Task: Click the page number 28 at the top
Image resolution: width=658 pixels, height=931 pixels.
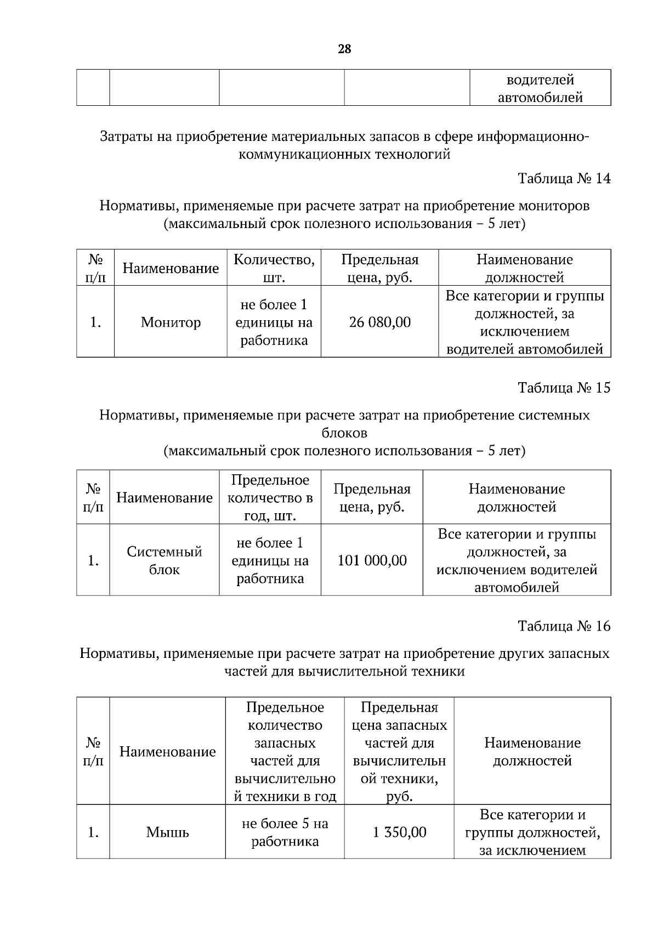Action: pos(344,49)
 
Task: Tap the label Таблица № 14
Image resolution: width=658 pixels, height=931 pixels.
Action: pos(564,179)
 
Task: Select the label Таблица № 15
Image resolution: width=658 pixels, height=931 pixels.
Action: pos(564,388)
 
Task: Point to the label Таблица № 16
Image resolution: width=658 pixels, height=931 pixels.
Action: pos(564,626)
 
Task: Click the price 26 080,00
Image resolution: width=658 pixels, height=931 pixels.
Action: pos(379,322)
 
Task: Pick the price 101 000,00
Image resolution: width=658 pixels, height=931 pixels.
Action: pos(372,560)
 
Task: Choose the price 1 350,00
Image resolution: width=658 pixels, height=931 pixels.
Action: pos(399,832)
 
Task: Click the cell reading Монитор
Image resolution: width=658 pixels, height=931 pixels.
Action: pos(171,322)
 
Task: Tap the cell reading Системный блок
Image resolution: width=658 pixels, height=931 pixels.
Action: pos(164,560)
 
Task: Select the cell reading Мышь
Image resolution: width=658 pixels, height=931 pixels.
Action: pos(167,832)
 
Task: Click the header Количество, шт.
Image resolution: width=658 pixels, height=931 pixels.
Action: pos(274,269)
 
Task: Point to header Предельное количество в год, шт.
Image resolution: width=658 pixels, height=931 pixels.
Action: pos(270,498)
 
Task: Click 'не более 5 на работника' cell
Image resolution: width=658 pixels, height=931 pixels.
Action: pos(285,832)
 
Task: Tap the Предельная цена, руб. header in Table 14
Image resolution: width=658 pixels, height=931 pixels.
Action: pos(379,269)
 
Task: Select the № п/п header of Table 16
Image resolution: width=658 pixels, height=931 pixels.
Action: pos(93,752)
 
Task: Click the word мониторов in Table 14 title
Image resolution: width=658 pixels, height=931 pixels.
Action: pos(551,206)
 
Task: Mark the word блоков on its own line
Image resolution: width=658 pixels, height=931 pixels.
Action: pos(344,433)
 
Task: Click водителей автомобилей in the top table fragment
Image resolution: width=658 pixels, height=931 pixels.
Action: pos(540,89)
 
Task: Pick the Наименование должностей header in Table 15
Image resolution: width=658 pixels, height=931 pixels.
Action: pos(517,498)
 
